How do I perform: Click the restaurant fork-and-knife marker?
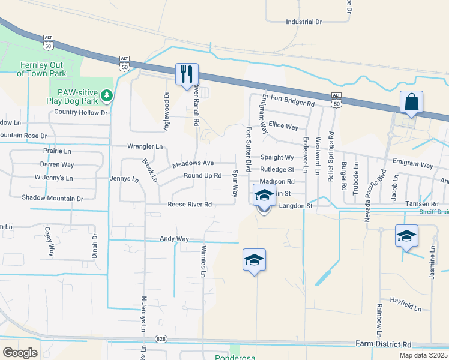click(x=187, y=74)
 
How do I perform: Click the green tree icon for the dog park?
click(x=106, y=95)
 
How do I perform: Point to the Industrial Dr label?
click(x=304, y=22)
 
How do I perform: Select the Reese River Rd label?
click(x=190, y=204)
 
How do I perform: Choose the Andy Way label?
click(x=174, y=239)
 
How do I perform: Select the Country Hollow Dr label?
click(x=80, y=112)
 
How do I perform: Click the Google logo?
click(x=20, y=353)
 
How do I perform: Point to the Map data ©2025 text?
click(x=423, y=355)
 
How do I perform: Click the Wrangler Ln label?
click(x=145, y=146)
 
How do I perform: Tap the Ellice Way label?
click(x=283, y=127)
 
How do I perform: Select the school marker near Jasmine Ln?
click(x=406, y=236)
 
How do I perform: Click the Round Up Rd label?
click(x=203, y=176)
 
